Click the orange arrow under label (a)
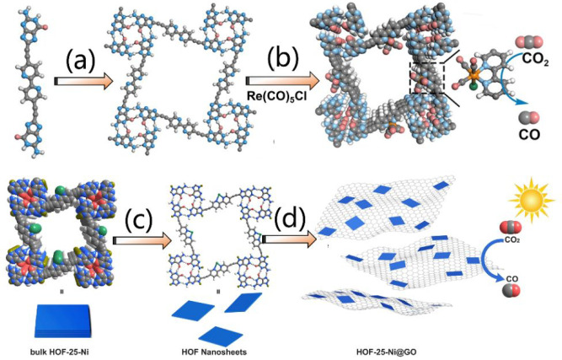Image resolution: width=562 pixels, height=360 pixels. [x=83, y=82]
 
